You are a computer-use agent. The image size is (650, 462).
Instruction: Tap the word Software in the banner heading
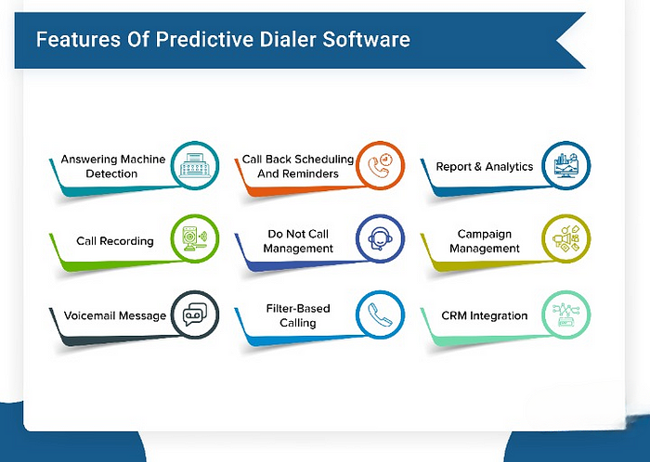click(x=366, y=39)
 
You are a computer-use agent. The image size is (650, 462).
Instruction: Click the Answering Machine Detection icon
click(x=195, y=165)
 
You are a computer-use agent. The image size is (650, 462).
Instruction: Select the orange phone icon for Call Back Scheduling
click(x=380, y=165)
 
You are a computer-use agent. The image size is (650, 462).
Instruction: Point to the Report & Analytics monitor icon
click(x=565, y=165)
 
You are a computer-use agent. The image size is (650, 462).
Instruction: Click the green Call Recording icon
click(x=195, y=239)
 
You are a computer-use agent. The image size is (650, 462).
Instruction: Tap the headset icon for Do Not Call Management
click(x=380, y=238)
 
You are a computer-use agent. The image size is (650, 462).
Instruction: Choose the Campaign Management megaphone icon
click(x=565, y=238)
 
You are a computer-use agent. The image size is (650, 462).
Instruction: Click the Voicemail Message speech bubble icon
click(x=195, y=314)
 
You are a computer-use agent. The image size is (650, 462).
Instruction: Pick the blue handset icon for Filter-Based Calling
click(x=380, y=314)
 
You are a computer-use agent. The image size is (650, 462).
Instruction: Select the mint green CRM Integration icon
click(x=565, y=314)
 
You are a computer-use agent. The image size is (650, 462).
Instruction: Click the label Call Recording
click(x=115, y=241)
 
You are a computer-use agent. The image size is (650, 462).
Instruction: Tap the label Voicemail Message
click(x=115, y=315)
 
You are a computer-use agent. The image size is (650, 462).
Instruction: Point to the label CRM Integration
click(x=484, y=315)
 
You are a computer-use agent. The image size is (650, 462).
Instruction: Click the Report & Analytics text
click(x=484, y=166)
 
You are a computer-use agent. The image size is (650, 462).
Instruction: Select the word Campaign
click(x=484, y=235)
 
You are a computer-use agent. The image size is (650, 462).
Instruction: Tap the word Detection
click(x=111, y=173)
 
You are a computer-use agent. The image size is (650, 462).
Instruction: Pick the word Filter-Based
click(x=298, y=308)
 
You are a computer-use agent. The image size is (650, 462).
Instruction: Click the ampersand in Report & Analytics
click(x=477, y=166)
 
